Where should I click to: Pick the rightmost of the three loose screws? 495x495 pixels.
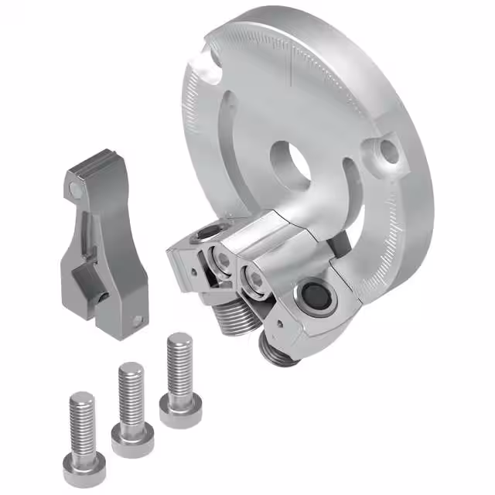[x=180, y=380]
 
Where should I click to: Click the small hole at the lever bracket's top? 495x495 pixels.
[x=74, y=189]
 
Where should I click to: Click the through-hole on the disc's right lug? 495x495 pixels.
[x=389, y=152]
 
